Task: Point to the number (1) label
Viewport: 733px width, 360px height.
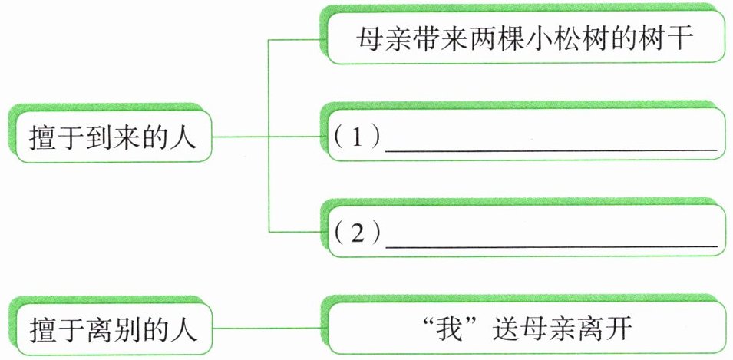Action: coord(355,138)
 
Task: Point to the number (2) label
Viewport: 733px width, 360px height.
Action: coord(355,234)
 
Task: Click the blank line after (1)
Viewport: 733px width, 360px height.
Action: coord(550,150)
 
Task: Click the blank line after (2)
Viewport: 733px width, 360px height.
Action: coord(550,246)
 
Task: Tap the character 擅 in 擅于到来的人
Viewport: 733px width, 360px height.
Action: coord(41,137)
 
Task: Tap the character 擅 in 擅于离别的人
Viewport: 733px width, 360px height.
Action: coord(41,330)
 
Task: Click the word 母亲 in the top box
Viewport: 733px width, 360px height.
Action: coord(383,38)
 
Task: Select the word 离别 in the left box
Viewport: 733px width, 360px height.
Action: coord(112,330)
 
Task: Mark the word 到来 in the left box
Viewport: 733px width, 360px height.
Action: coord(112,137)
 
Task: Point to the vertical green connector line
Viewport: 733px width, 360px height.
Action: coord(269,135)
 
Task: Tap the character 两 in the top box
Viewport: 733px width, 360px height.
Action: coord(467,38)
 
